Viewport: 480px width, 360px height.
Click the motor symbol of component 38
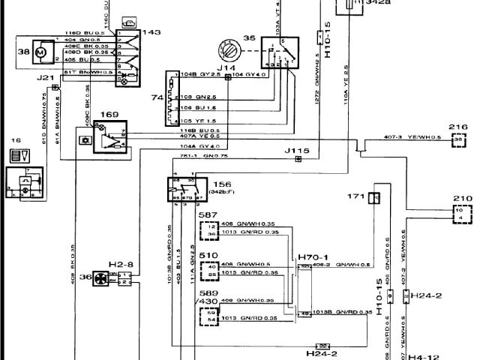[42, 52]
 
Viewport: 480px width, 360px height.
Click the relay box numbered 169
[109, 136]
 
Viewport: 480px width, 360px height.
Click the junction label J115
[297, 151]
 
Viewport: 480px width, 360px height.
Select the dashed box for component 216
[457, 139]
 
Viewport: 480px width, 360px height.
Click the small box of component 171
[376, 198]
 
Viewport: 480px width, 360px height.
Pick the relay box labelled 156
[185, 190]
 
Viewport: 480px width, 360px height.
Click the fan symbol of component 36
[100, 278]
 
